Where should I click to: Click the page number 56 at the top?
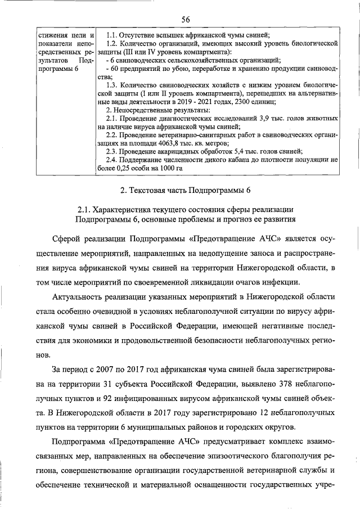(185, 20)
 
